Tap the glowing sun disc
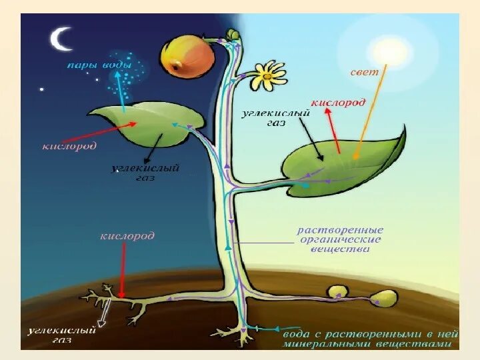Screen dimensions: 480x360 click(x=384, y=51)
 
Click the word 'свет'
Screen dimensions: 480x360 click(x=364, y=71)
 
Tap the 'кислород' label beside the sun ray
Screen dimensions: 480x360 click(x=337, y=103)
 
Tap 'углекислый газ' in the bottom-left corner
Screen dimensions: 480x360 click(x=61, y=334)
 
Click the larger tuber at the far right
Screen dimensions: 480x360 click(x=383, y=298)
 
